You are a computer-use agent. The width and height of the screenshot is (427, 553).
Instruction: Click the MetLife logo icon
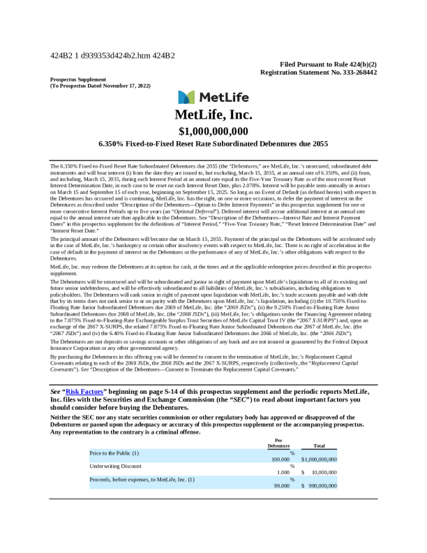pyautogui.click(x=186, y=97)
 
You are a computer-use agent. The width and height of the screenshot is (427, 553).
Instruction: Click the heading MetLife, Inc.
pyautogui.click(x=213, y=115)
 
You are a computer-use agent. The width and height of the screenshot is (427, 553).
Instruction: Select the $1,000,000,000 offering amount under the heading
pyautogui.click(x=213, y=131)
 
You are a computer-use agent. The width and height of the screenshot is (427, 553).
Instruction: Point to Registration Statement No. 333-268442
pyautogui.click(x=318, y=72)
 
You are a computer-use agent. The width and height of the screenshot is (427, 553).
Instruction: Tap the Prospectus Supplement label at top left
pyautogui.click(x=78, y=79)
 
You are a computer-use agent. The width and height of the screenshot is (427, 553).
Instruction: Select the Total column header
pyautogui.click(x=320, y=445)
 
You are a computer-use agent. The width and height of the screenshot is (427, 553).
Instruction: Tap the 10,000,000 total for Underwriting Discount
pyautogui.click(x=322, y=472)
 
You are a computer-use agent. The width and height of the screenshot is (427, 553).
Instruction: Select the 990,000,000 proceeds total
pyautogui.click(x=322, y=485)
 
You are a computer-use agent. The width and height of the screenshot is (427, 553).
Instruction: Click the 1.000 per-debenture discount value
pyautogui.click(x=283, y=472)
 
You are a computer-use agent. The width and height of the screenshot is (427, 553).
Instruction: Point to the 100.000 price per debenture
pyautogui.click(x=280, y=459)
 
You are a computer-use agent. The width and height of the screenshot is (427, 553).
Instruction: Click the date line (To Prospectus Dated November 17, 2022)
pyautogui.click(x=100, y=85)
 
